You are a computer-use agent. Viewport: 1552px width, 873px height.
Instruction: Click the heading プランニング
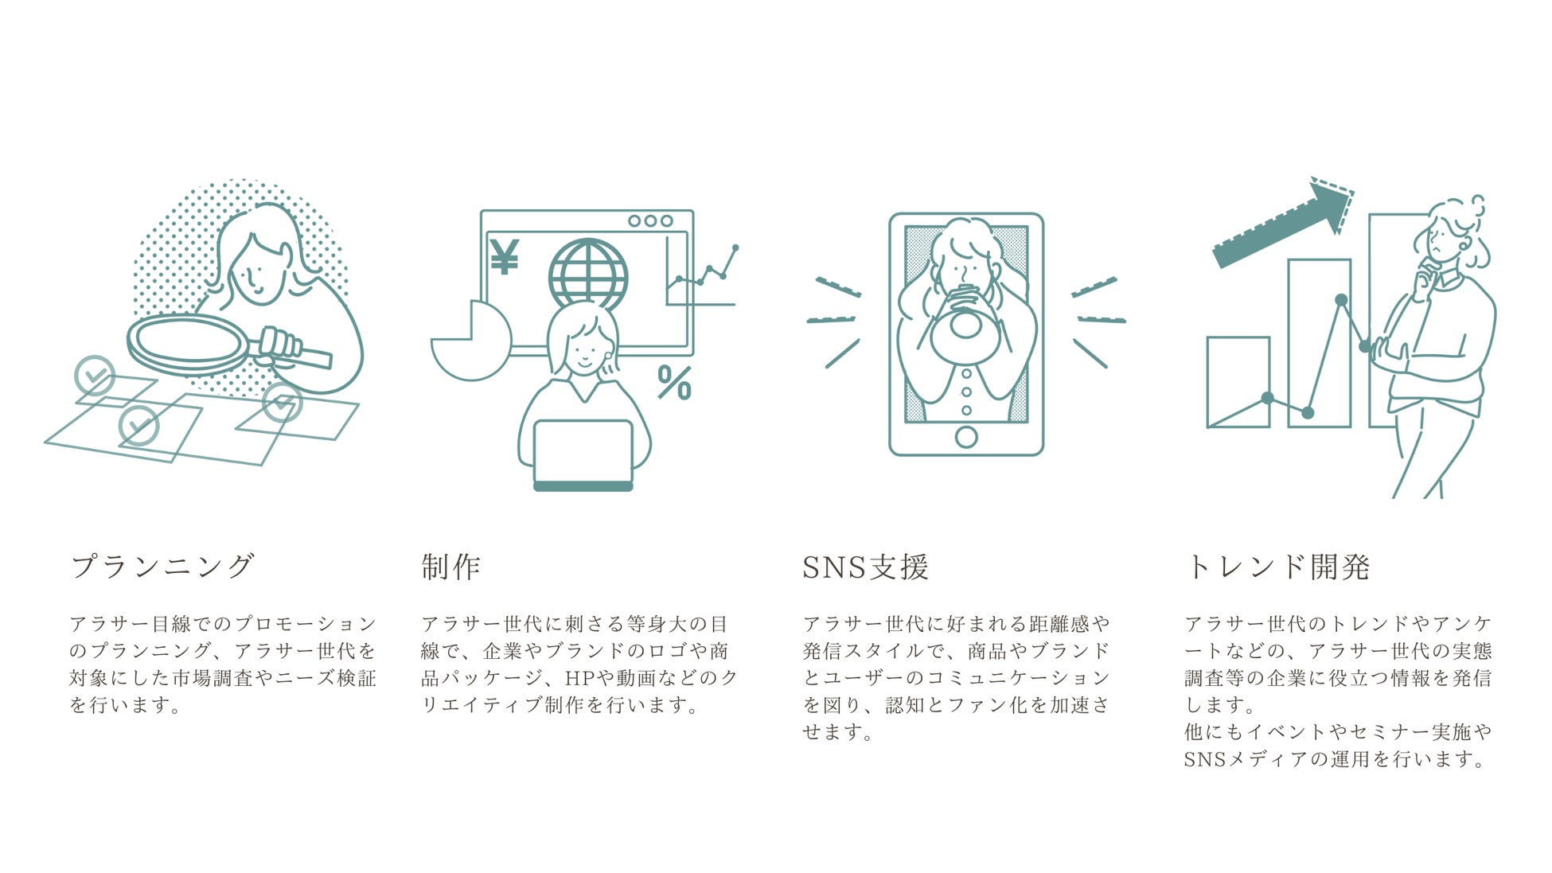(x=162, y=567)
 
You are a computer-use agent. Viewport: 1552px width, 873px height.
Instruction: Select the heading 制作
(x=450, y=567)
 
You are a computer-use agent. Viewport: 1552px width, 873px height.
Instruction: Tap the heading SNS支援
(x=865, y=567)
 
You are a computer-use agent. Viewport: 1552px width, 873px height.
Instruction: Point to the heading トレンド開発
(x=1277, y=567)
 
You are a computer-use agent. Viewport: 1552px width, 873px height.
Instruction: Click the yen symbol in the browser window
(x=505, y=255)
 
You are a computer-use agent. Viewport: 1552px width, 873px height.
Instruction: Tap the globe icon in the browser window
(x=588, y=275)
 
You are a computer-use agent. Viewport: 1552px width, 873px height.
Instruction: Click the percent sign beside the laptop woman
(x=675, y=383)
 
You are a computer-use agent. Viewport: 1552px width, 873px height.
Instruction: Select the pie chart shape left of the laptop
(x=470, y=341)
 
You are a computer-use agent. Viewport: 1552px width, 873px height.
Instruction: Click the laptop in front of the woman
(x=583, y=455)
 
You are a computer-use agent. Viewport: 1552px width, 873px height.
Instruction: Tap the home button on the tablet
(x=966, y=437)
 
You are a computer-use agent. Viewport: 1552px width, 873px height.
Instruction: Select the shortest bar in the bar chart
(x=1238, y=382)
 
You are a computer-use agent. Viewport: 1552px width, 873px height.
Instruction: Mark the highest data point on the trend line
(x=1341, y=300)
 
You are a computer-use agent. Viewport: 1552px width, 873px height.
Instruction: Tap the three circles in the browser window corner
(x=650, y=220)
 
